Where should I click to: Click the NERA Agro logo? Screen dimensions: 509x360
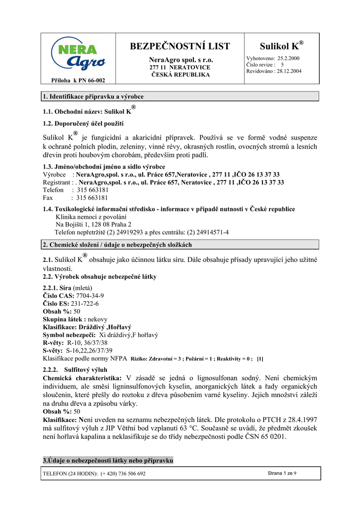(78, 55)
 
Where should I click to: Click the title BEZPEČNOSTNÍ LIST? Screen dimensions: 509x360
(180, 47)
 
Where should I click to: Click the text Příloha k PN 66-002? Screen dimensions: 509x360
(78, 81)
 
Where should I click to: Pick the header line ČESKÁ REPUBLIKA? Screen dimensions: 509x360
(180, 75)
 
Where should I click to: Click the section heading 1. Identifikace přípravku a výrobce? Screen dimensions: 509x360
(93, 96)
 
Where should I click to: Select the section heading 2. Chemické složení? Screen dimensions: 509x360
(117, 245)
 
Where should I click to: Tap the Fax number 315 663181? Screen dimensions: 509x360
(92, 197)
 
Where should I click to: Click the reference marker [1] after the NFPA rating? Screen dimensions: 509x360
(260, 358)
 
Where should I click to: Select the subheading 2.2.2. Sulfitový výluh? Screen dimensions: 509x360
(75, 370)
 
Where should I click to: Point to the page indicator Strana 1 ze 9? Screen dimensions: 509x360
(282, 473)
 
